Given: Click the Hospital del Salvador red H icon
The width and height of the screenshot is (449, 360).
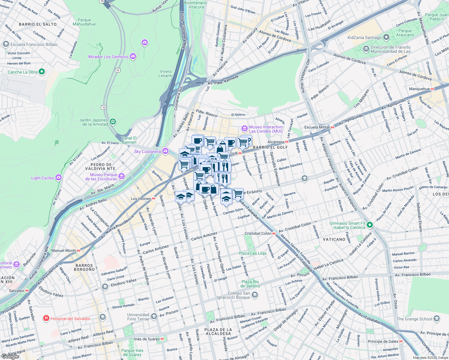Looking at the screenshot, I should tap(46, 318).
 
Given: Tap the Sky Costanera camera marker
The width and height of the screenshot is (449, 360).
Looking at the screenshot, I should tap(165, 151).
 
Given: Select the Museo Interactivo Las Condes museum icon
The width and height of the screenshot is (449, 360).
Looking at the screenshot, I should tap(244, 129).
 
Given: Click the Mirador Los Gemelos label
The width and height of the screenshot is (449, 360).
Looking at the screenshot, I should tap(108, 57).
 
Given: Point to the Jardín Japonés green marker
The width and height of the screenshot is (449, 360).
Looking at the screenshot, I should tap(113, 122).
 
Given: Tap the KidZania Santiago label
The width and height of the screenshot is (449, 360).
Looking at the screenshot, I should tap(364, 37).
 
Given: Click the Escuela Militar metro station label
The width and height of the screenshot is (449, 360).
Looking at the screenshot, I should tap(317, 127).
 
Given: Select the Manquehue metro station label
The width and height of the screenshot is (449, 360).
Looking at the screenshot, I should tap(419, 89).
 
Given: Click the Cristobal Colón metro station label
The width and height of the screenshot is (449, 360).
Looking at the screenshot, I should tap(258, 233).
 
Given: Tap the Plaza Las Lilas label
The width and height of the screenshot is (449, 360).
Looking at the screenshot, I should tap(253, 253).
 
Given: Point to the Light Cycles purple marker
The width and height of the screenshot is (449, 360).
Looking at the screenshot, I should tap(58, 178).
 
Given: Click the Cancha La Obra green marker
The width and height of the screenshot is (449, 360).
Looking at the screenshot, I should tap(42, 72).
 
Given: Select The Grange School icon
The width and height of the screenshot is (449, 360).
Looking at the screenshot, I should tap(437, 319).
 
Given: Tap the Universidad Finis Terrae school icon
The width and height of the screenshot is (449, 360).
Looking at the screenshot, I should tap(154, 316).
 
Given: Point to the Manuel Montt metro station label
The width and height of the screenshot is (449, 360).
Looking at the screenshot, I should tap(64, 250).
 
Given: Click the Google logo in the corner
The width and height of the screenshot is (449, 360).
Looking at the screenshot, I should tap(10, 356).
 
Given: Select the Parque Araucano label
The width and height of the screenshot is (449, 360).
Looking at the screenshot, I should tap(405, 33).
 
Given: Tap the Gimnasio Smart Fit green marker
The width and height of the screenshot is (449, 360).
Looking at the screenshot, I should tap(370, 225).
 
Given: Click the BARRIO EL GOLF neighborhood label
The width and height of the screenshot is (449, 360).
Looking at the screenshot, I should tap(270, 147).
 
